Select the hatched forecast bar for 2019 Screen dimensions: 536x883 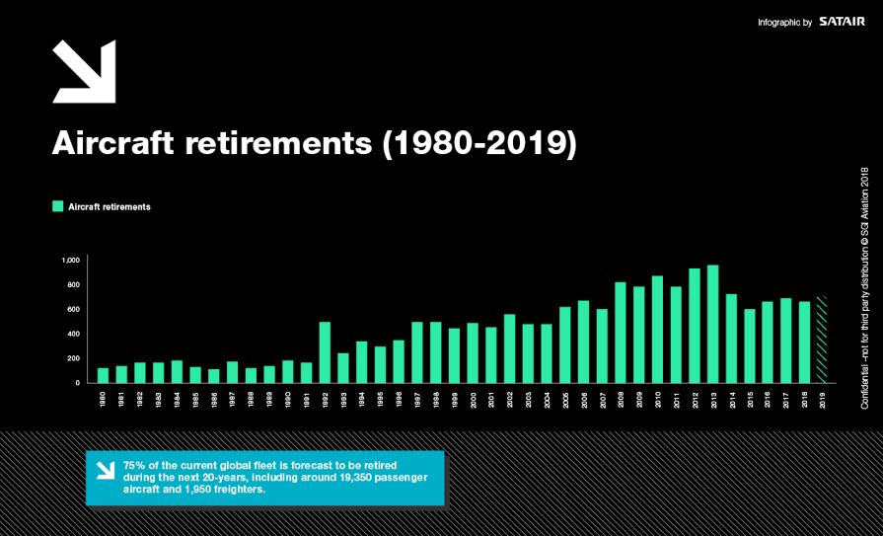pyautogui.click(x=823, y=340)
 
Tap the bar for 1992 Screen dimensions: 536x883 pyautogui.click(x=325, y=352)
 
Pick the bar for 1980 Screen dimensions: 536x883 pyautogui.click(x=103, y=375)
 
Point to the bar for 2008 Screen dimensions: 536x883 pyautogui.click(x=621, y=333)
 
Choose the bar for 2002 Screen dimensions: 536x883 pyautogui.click(x=509, y=348)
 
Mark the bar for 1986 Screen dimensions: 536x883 pyautogui.click(x=214, y=376)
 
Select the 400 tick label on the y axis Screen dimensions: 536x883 pyautogui.click(x=72, y=334)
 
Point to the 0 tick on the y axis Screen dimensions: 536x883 pyautogui.click(x=77, y=383)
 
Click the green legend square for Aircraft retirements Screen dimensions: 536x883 pyautogui.click(x=57, y=206)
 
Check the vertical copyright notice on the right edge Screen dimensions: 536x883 pyautogui.click(x=864, y=288)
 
